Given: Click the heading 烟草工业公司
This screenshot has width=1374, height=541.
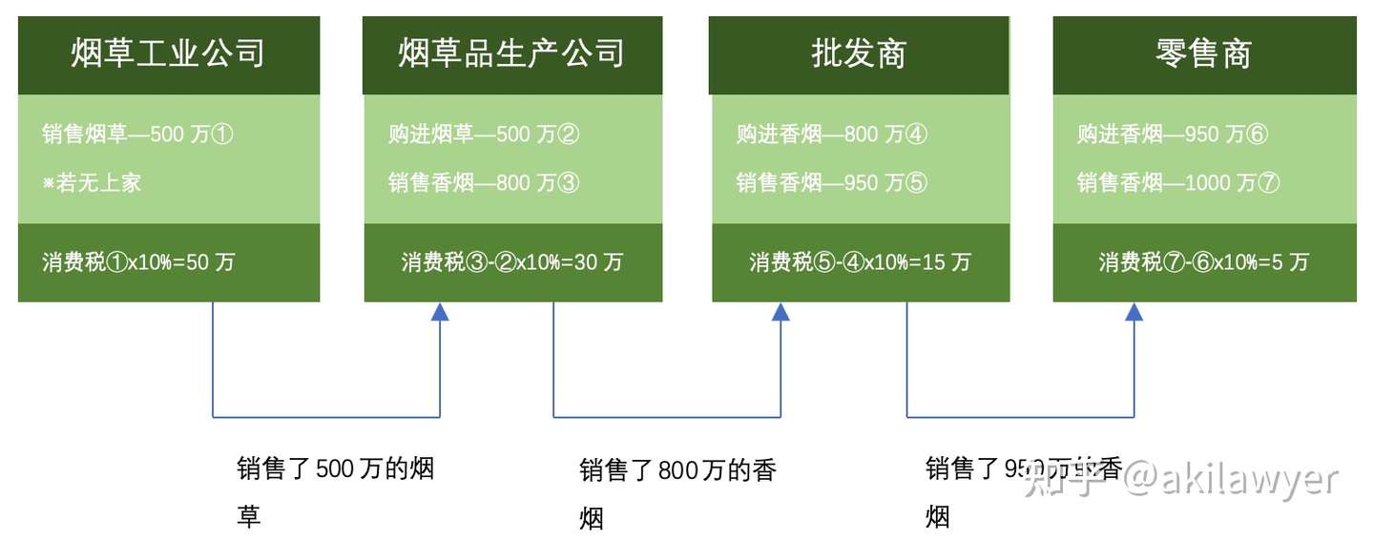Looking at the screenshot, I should pyautogui.click(x=168, y=53).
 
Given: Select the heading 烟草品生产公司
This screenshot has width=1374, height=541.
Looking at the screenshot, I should pyautogui.click(x=511, y=53).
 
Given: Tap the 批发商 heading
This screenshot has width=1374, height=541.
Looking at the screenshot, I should pyautogui.click(x=858, y=53).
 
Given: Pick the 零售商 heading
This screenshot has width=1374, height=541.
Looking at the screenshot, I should pyautogui.click(x=1203, y=53).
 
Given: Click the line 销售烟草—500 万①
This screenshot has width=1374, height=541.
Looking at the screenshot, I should pyautogui.click(x=137, y=135).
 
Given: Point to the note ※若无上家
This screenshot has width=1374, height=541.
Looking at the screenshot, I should pyautogui.click(x=92, y=182).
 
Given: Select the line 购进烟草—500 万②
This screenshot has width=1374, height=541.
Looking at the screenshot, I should pyautogui.click(x=484, y=135).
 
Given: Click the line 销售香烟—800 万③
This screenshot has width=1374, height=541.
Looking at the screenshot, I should pyautogui.click(x=484, y=182).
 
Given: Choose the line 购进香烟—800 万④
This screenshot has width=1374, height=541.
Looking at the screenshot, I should pyautogui.click(x=831, y=135).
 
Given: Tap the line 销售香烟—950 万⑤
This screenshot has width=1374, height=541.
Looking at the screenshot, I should pyautogui.click(x=831, y=182).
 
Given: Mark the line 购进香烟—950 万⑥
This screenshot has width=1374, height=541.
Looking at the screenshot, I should pyautogui.click(x=1173, y=135).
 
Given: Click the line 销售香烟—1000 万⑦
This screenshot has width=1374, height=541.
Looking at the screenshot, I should pyautogui.click(x=1178, y=182).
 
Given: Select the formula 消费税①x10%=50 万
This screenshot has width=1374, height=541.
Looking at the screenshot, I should pyautogui.click(x=137, y=262).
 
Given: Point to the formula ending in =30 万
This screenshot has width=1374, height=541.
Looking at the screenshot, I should pyautogui.click(x=511, y=262).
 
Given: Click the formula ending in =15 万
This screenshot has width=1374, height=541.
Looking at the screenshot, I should pyautogui.click(x=859, y=262).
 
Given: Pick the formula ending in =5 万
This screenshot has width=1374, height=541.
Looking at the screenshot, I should pyautogui.click(x=1203, y=262).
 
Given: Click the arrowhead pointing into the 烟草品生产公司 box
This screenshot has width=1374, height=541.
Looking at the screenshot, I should pyautogui.click(x=440, y=312).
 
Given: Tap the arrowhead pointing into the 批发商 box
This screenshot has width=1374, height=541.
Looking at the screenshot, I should pyautogui.click(x=781, y=312).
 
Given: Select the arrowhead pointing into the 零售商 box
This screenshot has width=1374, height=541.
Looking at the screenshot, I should pyautogui.click(x=1134, y=312).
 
